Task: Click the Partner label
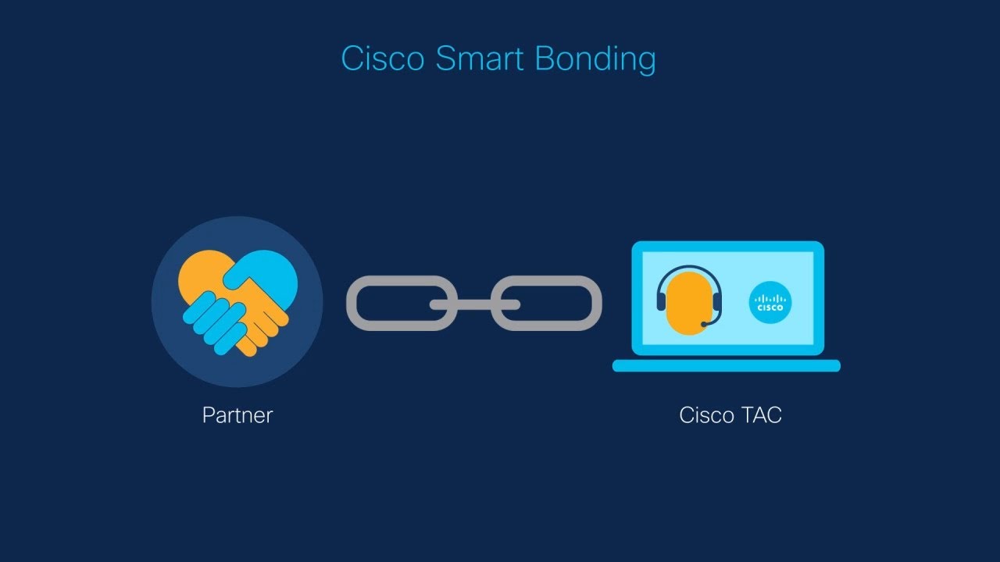click(x=237, y=414)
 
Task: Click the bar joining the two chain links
click(x=474, y=304)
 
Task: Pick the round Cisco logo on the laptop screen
click(x=770, y=302)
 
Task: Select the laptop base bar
click(x=726, y=365)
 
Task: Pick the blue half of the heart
click(x=273, y=269)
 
